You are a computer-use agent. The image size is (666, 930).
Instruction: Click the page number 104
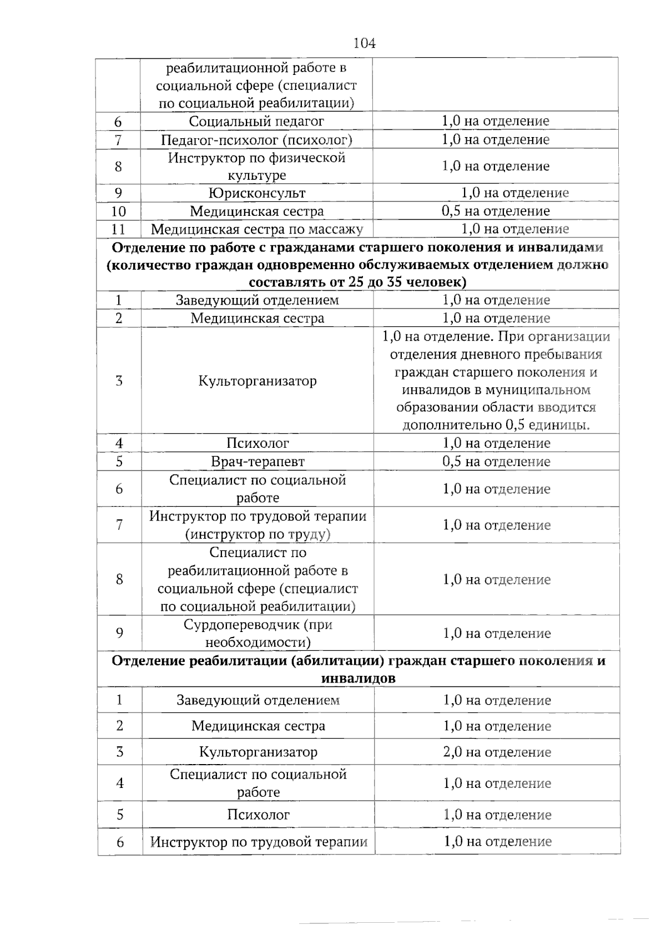click(364, 43)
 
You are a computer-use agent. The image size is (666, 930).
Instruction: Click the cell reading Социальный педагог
click(256, 121)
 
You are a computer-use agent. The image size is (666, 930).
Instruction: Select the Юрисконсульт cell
click(256, 193)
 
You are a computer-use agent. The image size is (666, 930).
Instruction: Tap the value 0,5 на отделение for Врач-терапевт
click(496, 461)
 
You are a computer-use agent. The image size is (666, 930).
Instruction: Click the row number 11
click(118, 229)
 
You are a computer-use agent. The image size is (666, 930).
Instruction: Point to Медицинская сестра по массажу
click(256, 229)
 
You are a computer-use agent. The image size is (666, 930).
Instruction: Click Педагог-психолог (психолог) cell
click(256, 139)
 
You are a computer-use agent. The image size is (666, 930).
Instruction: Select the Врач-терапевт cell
click(258, 461)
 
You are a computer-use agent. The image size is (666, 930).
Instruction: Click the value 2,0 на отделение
click(497, 752)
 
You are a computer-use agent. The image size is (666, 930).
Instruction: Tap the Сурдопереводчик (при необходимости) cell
click(258, 633)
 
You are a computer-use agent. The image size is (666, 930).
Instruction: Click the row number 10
click(118, 211)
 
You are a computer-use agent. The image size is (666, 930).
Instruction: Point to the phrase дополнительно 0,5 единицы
click(496, 425)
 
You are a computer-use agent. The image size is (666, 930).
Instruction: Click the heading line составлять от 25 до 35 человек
click(357, 282)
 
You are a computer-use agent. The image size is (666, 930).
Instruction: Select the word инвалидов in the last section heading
click(358, 678)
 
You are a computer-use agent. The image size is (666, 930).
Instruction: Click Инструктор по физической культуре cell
click(256, 166)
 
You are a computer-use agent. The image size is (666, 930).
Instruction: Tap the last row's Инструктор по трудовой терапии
click(259, 842)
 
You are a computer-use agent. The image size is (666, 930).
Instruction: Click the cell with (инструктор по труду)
click(258, 534)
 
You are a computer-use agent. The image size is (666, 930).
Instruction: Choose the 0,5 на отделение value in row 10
click(496, 211)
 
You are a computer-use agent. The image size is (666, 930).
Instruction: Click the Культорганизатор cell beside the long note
click(258, 381)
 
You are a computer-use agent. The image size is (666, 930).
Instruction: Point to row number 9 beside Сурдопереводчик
click(119, 633)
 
